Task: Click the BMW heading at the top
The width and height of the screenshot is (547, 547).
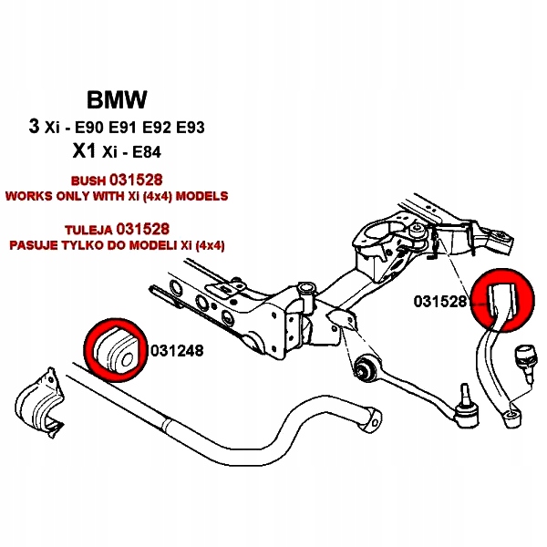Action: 117,99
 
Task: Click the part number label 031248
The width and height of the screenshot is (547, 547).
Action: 176,349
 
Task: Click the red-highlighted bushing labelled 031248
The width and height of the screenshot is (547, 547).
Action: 115,349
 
